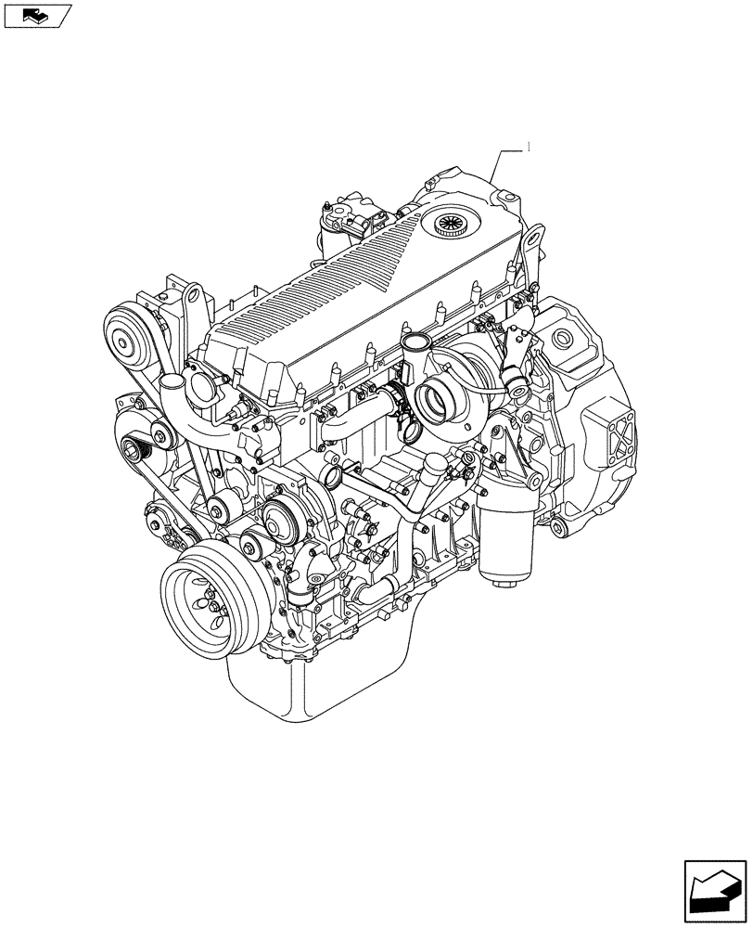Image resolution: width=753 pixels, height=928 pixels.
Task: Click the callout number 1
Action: [x=528, y=146]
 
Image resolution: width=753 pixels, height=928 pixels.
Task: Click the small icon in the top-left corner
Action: [x=37, y=15]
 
